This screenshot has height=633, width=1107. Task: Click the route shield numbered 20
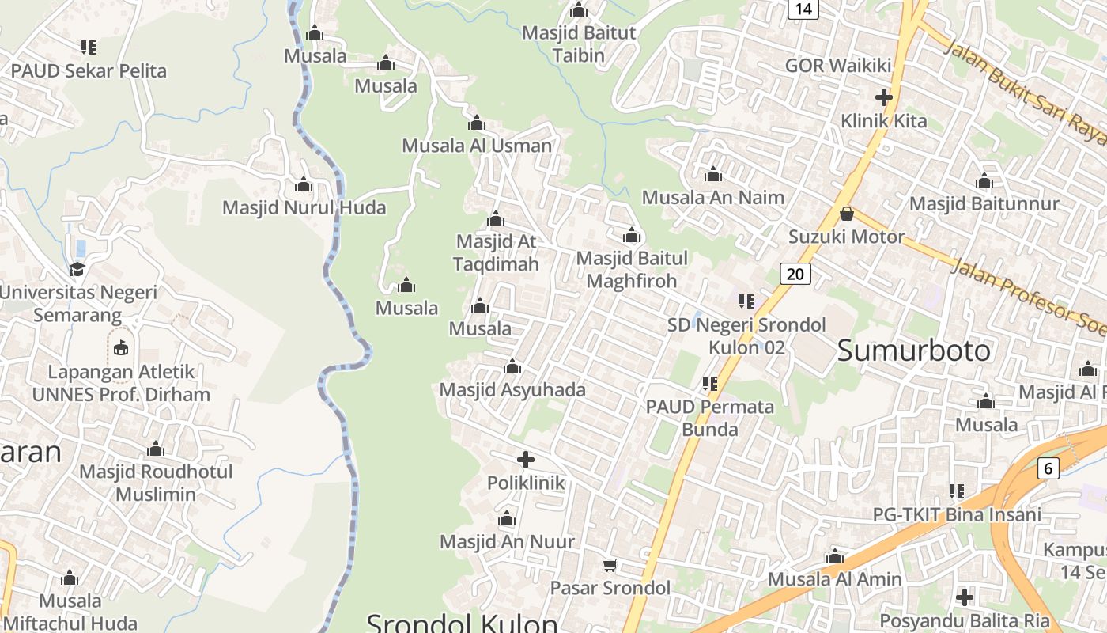pyautogui.click(x=795, y=274)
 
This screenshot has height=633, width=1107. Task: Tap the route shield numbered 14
pyautogui.click(x=803, y=9)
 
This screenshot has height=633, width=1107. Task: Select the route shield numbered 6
pyautogui.click(x=1048, y=468)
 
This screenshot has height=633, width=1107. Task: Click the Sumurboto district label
pyautogui.click(x=913, y=350)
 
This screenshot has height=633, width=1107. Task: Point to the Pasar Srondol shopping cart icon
pyautogui.click(x=610, y=565)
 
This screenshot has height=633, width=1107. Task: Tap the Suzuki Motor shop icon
pyautogui.click(x=847, y=214)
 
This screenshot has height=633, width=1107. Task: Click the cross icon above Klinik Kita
pyautogui.click(x=884, y=98)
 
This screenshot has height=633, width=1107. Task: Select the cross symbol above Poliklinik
pyautogui.click(x=526, y=460)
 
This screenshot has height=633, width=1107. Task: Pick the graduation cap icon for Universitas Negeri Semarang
pyautogui.click(x=77, y=269)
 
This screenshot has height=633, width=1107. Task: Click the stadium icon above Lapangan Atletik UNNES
pyautogui.click(x=120, y=348)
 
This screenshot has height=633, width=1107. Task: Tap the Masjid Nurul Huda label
pyautogui.click(x=304, y=207)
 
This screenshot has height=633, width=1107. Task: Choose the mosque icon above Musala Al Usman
pyautogui.click(x=477, y=123)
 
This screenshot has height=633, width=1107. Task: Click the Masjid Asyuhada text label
pyautogui.click(x=512, y=389)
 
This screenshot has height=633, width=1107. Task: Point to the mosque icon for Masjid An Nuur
pyautogui.click(x=507, y=519)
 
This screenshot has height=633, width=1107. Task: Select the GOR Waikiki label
pyautogui.click(x=838, y=66)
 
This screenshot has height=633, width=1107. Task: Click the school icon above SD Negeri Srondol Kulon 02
pyautogui.click(x=746, y=301)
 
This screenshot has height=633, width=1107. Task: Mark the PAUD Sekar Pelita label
pyautogui.click(x=89, y=70)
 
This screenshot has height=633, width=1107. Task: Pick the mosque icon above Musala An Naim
pyautogui.click(x=713, y=175)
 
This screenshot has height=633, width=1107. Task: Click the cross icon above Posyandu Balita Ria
pyautogui.click(x=965, y=597)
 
